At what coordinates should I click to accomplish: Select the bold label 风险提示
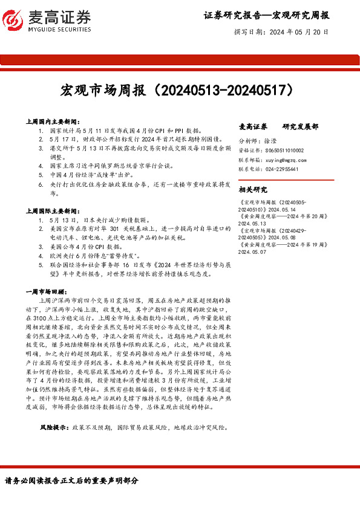(x=53, y=427)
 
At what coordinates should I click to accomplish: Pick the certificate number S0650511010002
(x=284, y=150)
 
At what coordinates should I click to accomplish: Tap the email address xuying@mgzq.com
(x=283, y=160)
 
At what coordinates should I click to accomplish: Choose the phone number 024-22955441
(x=281, y=170)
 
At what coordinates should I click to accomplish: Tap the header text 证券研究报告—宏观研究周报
(x=267, y=15)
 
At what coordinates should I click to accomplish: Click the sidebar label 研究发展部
(x=301, y=127)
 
